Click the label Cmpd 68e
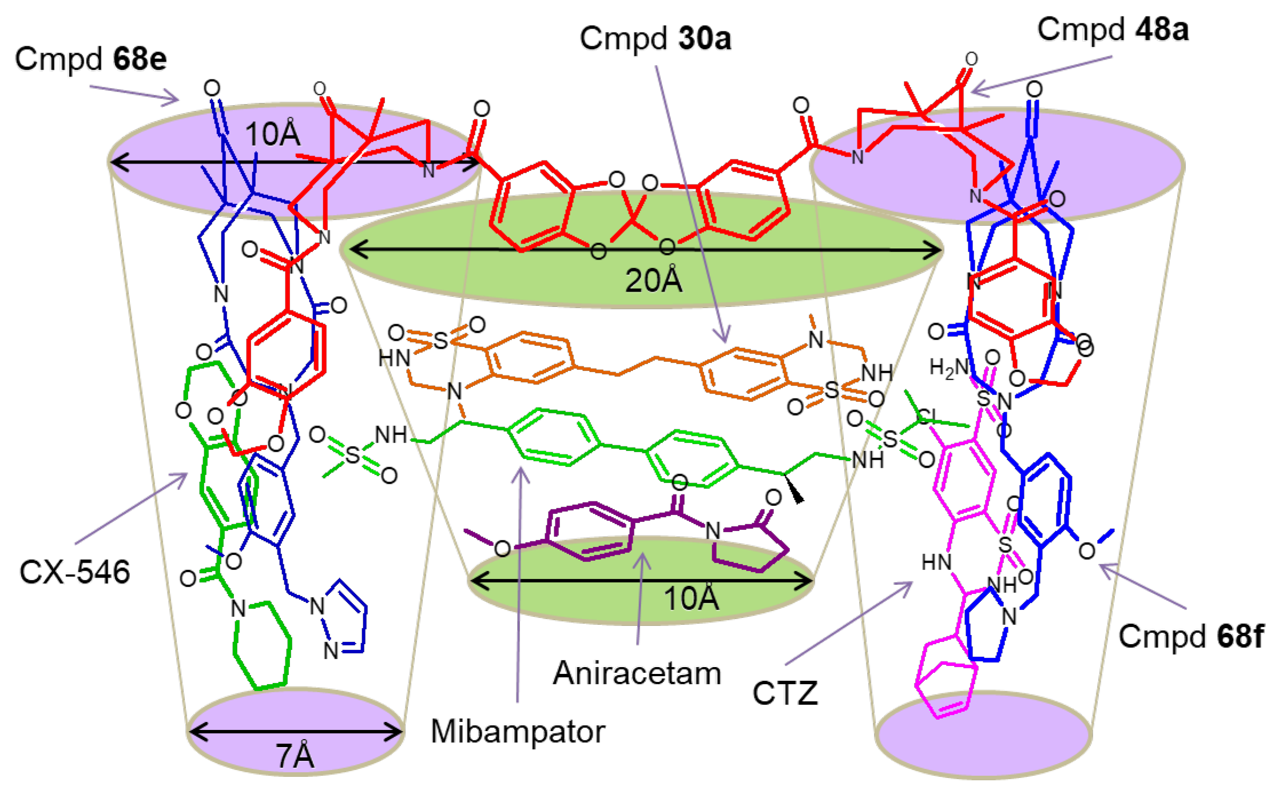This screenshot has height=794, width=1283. point(90,59)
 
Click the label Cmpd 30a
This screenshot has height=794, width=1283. point(656,39)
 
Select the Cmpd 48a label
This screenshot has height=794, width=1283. point(1113,30)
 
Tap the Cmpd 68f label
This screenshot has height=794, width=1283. point(1191,636)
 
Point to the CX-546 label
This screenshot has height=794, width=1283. point(74,572)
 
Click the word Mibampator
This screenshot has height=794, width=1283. point(518,732)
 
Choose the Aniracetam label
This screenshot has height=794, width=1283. point(637,673)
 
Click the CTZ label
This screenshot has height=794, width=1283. point(785,693)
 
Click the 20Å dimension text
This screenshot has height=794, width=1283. point(653,281)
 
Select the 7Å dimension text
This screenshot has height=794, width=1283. point(295,756)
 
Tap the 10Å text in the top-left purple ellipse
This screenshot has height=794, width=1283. point(272,135)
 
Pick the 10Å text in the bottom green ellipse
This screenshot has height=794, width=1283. point(691,599)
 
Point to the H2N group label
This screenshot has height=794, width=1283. point(948,368)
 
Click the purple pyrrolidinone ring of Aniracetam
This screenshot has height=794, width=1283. point(752,546)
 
